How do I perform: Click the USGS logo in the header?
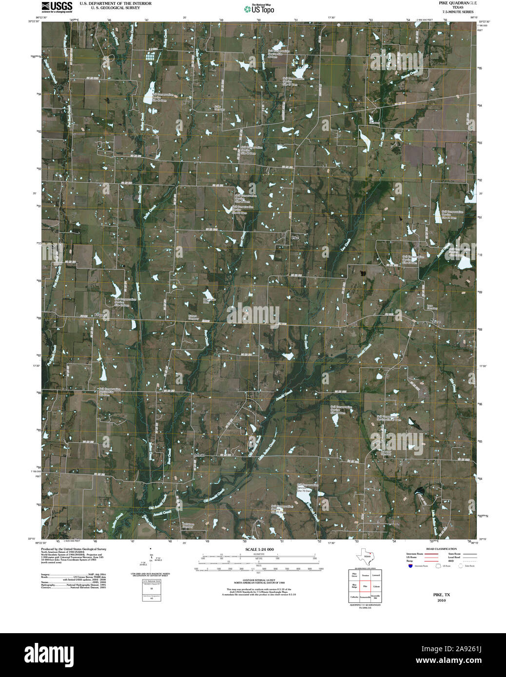(57, 6)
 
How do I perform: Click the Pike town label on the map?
(294, 237)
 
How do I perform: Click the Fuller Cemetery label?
(219, 108)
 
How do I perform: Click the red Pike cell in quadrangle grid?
(365, 587)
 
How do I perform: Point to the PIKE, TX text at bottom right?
(442, 595)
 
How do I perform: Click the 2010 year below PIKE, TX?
(442, 600)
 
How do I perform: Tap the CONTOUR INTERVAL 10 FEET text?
(259, 580)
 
